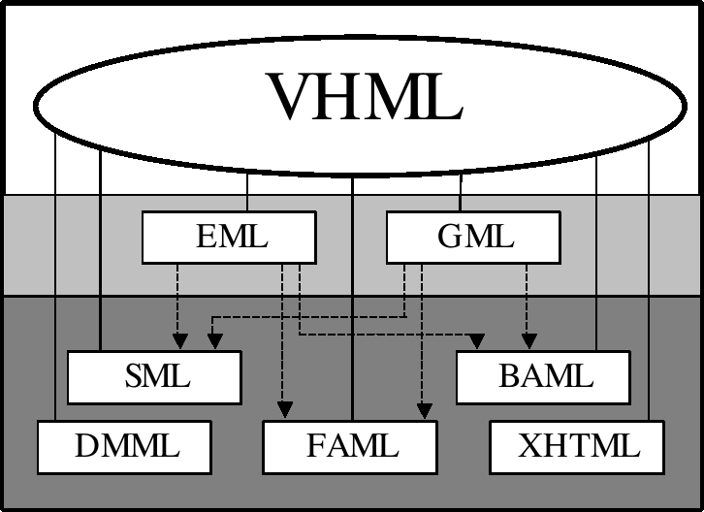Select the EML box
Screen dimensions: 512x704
[x=230, y=238]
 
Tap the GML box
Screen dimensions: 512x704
[x=473, y=238]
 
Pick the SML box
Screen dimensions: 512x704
[x=154, y=377]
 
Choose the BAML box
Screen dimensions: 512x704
[x=543, y=377]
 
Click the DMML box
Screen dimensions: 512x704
[x=124, y=446]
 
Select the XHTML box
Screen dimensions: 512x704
[x=577, y=446]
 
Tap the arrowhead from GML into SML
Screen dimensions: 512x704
[x=214, y=341]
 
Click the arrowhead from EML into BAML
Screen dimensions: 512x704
[x=476, y=341]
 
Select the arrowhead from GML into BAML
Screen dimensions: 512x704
[x=528, y=341]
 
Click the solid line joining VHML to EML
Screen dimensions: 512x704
[x=247, y=194]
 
